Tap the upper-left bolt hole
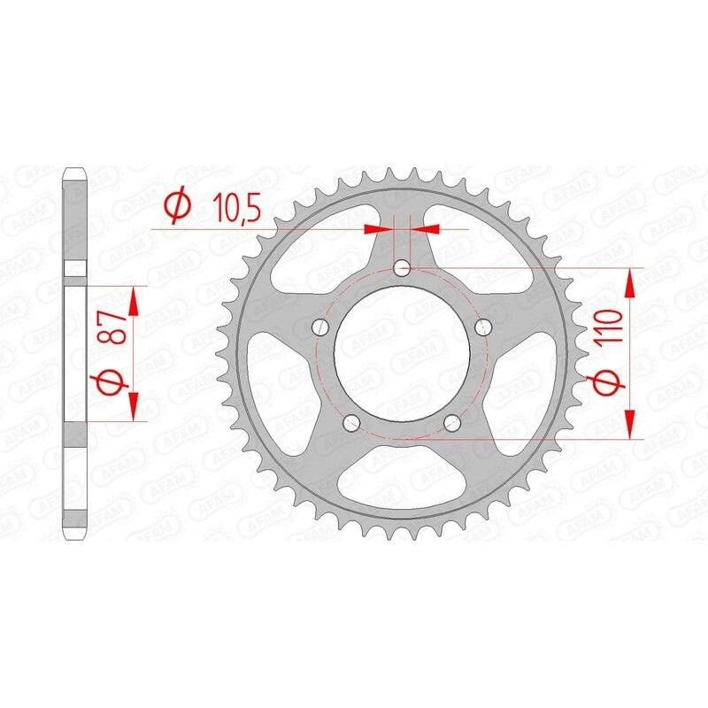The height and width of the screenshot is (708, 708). [x=320, y=327]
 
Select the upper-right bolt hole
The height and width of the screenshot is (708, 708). [x=483, y=327]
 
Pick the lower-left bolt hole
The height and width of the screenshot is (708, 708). [x=351, y=421]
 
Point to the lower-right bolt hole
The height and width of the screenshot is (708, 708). [x=452, y=421]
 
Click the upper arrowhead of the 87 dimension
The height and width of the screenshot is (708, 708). [x=134, y=301]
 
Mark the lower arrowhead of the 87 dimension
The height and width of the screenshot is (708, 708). [x=134, y=406]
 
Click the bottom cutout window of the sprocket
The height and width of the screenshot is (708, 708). [x=402, y=482]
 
